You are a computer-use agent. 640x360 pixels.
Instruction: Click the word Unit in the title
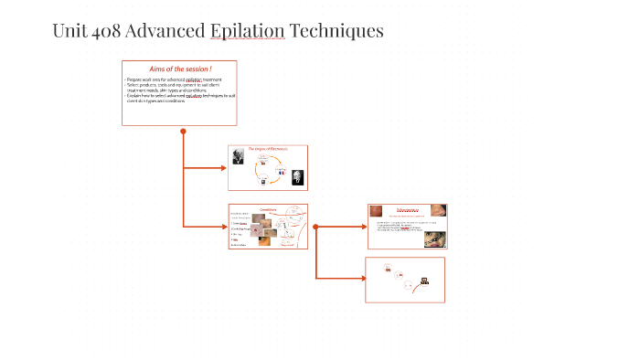click(x=69, y=31)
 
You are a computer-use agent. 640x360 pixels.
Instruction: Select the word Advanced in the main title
click(x=165, y=31)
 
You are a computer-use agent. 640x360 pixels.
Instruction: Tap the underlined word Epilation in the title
click(x=247, y=31)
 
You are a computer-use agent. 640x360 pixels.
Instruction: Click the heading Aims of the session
click(x=180, y=69)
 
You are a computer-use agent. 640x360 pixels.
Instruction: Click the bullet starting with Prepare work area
click(x=174, y=80)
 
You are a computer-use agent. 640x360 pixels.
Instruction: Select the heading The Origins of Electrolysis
click(x=267, y=148)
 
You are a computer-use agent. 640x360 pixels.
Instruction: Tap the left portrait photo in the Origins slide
click(x=238, y=157)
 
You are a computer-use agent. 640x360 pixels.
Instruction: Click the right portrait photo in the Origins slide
click(x=297, y=177)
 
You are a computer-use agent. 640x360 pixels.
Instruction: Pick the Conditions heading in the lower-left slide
click(x=268, y=208)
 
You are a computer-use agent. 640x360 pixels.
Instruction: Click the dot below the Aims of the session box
click(x=183, y=131)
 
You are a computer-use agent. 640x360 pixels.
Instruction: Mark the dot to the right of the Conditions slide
click(x=315, y=226)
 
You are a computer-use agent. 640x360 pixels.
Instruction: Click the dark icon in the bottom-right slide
click(x=423, y=281)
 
